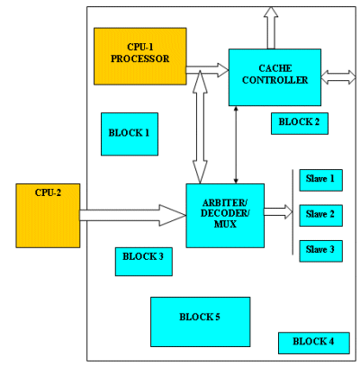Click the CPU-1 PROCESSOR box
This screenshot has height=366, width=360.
pos(140,57)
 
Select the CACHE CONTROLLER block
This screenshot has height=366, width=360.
pos(274,77)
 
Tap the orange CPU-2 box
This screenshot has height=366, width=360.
pos(48,216)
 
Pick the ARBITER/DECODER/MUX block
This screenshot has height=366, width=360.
pos(225,216)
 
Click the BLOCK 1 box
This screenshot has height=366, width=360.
pos(130,134)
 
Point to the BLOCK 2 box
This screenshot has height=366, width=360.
pos(300,123)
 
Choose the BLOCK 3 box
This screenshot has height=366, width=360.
pos(144,262)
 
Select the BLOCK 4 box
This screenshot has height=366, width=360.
pos(314,343)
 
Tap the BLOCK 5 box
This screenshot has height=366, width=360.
pos(201,322)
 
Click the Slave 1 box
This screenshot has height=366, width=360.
pos(321,180)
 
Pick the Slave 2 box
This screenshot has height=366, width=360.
pos(321,216)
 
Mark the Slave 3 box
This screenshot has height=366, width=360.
pos(321,251)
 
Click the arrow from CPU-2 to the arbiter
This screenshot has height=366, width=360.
pos(133,215)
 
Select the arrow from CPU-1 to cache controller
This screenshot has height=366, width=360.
pos(207,70)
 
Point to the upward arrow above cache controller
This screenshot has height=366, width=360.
pos(271,28)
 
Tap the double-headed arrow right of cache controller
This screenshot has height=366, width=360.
pos(338,77)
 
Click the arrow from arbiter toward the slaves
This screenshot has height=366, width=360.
pos(278,212)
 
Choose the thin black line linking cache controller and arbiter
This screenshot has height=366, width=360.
pos(236,145)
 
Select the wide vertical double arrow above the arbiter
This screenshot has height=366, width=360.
pos(200,127)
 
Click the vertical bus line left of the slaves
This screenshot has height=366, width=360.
pos(292,212)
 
